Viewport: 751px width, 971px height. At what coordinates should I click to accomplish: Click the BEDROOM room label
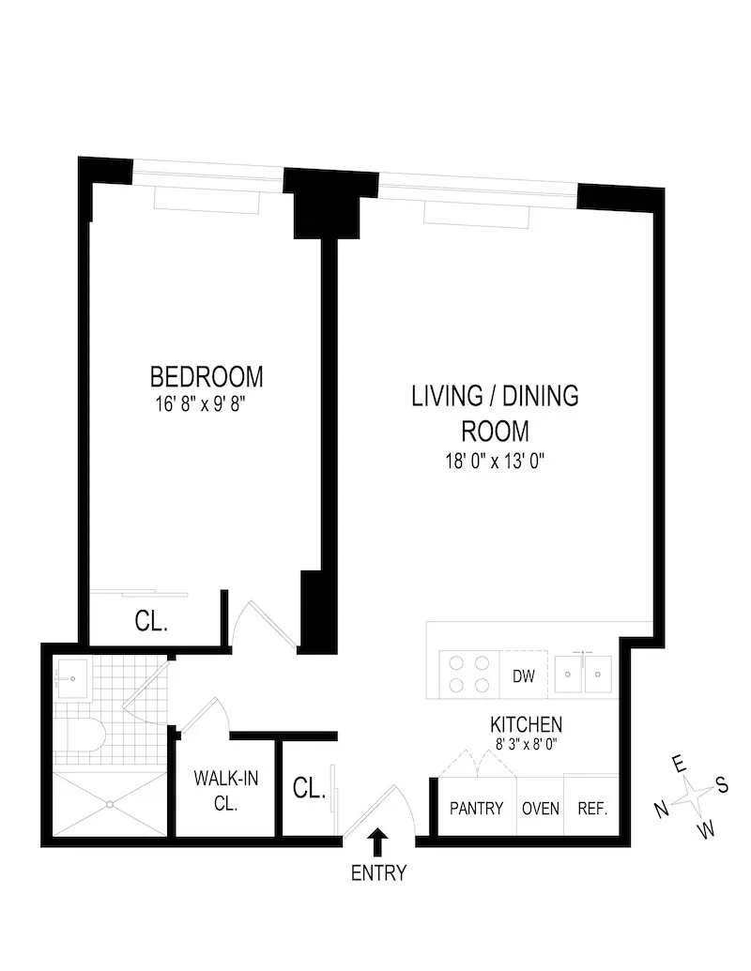(x=207, y=377)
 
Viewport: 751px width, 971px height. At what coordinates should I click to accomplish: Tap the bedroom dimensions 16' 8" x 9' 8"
(x=207, y=404)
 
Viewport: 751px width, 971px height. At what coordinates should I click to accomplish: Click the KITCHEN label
(x=526, y=724)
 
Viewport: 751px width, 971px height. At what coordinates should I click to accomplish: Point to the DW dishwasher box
(x=523, y=675)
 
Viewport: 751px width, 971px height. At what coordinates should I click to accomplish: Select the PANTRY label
(x=477, y=808)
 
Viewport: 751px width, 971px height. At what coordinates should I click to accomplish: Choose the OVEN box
(x=541, y=808)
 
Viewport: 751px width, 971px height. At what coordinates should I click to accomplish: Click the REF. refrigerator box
(x=591, y=808)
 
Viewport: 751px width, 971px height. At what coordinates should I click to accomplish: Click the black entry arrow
(x=378, y=841)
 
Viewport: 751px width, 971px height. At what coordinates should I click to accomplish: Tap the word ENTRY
(x=378, y=873)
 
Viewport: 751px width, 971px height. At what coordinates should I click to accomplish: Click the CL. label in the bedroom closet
(x=151, y=622)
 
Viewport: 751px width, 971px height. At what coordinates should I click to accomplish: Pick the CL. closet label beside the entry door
(x=309, y=788)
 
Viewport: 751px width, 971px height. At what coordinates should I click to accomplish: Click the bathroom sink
(x=71, y=677)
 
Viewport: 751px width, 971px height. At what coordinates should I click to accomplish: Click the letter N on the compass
(x=661, y=808)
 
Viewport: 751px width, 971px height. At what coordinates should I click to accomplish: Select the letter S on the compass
(x=722, y=786)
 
